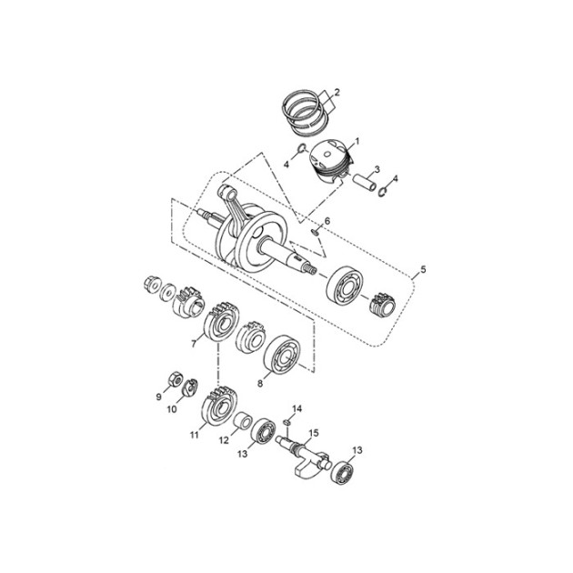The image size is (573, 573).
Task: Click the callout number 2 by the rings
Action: (x=337, y=92)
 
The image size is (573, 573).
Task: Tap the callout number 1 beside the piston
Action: (x=357, y=141)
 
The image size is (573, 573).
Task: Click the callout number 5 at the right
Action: (x=423, y=270)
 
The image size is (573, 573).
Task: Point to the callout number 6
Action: (x=327, y=221)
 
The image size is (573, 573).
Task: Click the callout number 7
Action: (x=194, y=343)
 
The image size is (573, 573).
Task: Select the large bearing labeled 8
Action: (x=283, y=353)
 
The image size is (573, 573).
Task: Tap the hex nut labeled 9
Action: (x=176, y=379)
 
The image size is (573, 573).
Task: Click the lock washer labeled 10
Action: (x=190, y=387)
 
